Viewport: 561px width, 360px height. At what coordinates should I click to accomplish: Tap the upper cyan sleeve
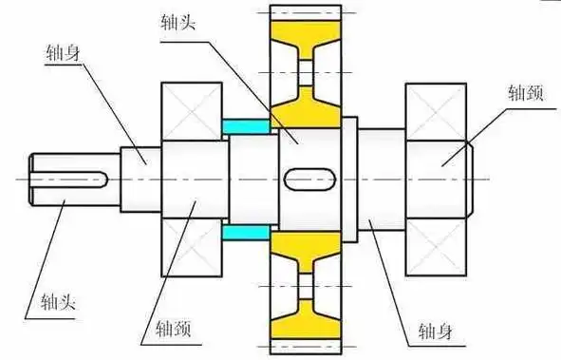[x=244, y=124]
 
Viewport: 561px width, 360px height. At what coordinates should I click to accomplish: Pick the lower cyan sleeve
[x=244, y=231]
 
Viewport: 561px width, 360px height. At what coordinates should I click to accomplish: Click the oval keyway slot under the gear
[x=306, y=178]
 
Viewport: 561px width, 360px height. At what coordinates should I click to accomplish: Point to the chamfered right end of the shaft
[x=469, y=178]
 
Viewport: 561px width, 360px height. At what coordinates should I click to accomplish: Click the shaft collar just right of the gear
[x=348, y=178]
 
